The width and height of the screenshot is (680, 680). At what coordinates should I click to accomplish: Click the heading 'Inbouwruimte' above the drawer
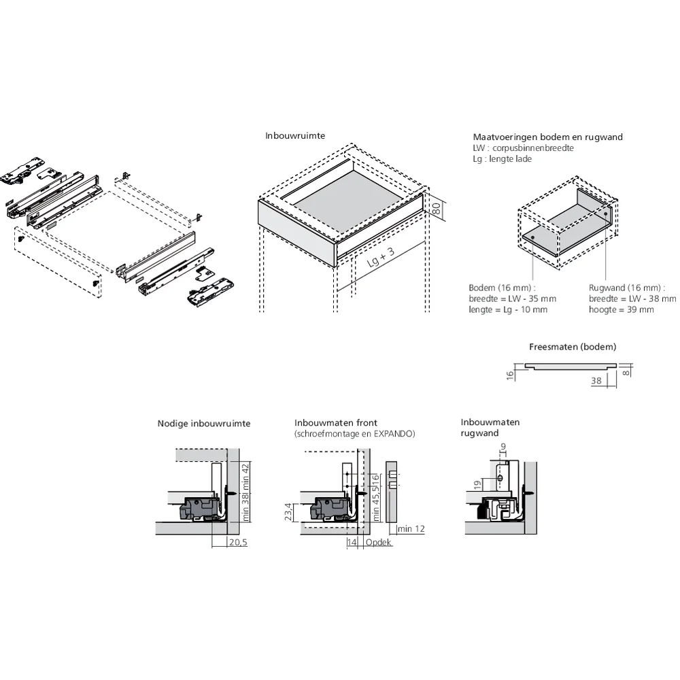click(295, 136)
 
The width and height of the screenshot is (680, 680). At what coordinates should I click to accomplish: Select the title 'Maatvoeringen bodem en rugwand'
click(547, 137)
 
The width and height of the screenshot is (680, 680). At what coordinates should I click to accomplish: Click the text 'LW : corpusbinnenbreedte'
click(523, 148)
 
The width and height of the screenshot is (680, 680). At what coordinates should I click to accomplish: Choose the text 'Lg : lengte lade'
click(502, 158)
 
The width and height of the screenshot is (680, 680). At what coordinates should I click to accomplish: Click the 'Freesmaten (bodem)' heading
click(573, 347)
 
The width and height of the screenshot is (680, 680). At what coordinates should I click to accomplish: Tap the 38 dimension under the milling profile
click(596, 381)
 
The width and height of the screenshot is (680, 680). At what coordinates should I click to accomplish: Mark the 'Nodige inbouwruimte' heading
click(204, 424)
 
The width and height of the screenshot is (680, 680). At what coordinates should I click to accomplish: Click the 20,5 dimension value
click(238, 542)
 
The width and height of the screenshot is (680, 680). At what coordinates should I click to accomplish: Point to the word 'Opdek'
click(379, 542)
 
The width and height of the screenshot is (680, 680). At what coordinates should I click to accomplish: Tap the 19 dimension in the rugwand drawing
click(478, 484)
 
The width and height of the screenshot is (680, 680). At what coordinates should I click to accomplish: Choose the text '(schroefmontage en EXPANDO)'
click(354, 433)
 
